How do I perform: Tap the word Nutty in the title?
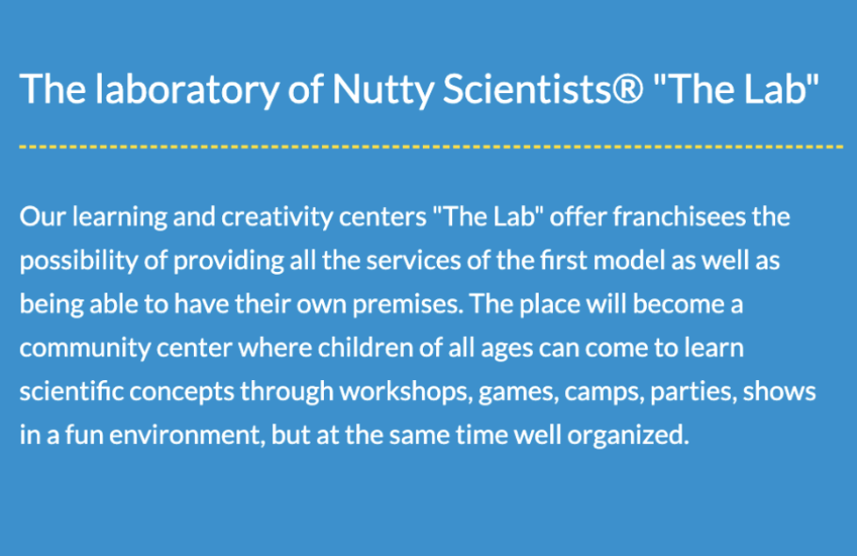pyautogui.click(x=382, y=90)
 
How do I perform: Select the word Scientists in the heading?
pyautogui.click(x=526, y=88)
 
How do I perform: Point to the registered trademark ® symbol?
pyautogui.click(x=627, y=89)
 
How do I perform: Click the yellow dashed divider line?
pyautogui.click(x=431, y=147)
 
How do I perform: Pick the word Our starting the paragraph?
pyautogui.click(x=42, y=216)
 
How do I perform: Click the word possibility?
pyautogui.click(x=79, y=262)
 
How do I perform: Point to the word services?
pyautogui.click(x=413, y=262)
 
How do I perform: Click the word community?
pyautogui.click(x=85, y=349)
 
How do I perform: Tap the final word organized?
pyautogui.click(x=628, y=436)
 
